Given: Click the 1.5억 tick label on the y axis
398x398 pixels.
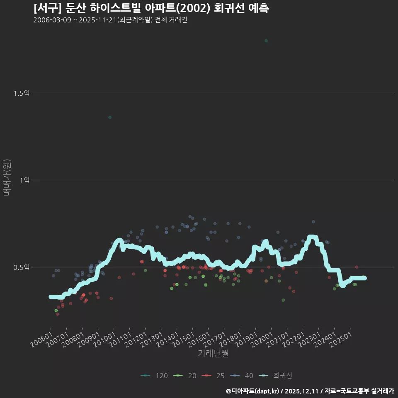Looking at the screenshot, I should point(21,93).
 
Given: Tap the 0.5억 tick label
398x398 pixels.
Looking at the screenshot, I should point(21,267).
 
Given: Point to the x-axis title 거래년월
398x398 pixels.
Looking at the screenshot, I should point(213,353).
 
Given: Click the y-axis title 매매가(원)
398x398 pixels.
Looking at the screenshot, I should point(7,177).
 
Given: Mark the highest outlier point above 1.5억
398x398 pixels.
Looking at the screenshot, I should point(266,41).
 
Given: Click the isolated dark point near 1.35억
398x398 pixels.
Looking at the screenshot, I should point(110,117).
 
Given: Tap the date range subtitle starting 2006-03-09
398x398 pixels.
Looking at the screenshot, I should point(110,20).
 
